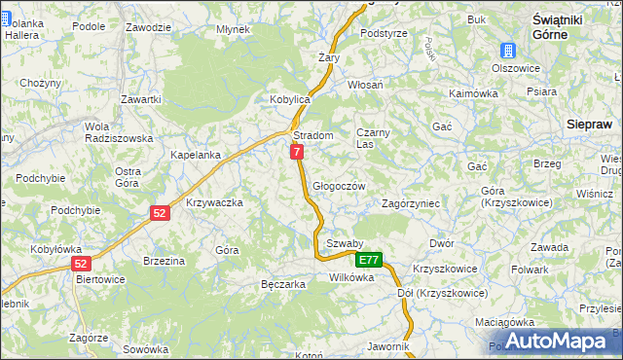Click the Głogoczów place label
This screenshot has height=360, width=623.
[x=339, y=186]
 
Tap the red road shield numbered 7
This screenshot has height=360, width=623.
[x=296, y=152]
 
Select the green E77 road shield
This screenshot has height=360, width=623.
[x=368, y=260]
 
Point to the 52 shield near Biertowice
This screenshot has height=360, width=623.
[x=82, y=264]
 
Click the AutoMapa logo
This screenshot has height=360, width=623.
[x=554, y=341]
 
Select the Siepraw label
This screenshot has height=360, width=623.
[x=589, y=124]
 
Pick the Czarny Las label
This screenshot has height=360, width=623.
[x=373, y=137]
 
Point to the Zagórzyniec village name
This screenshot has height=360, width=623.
[x=412, y=203]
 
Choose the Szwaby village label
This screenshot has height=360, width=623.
[x=345, y=243]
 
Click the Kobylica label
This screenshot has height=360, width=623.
[x=289, y=100]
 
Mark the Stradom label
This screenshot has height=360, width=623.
[x=313, y=135]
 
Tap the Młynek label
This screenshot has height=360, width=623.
[x=234, y=29]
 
